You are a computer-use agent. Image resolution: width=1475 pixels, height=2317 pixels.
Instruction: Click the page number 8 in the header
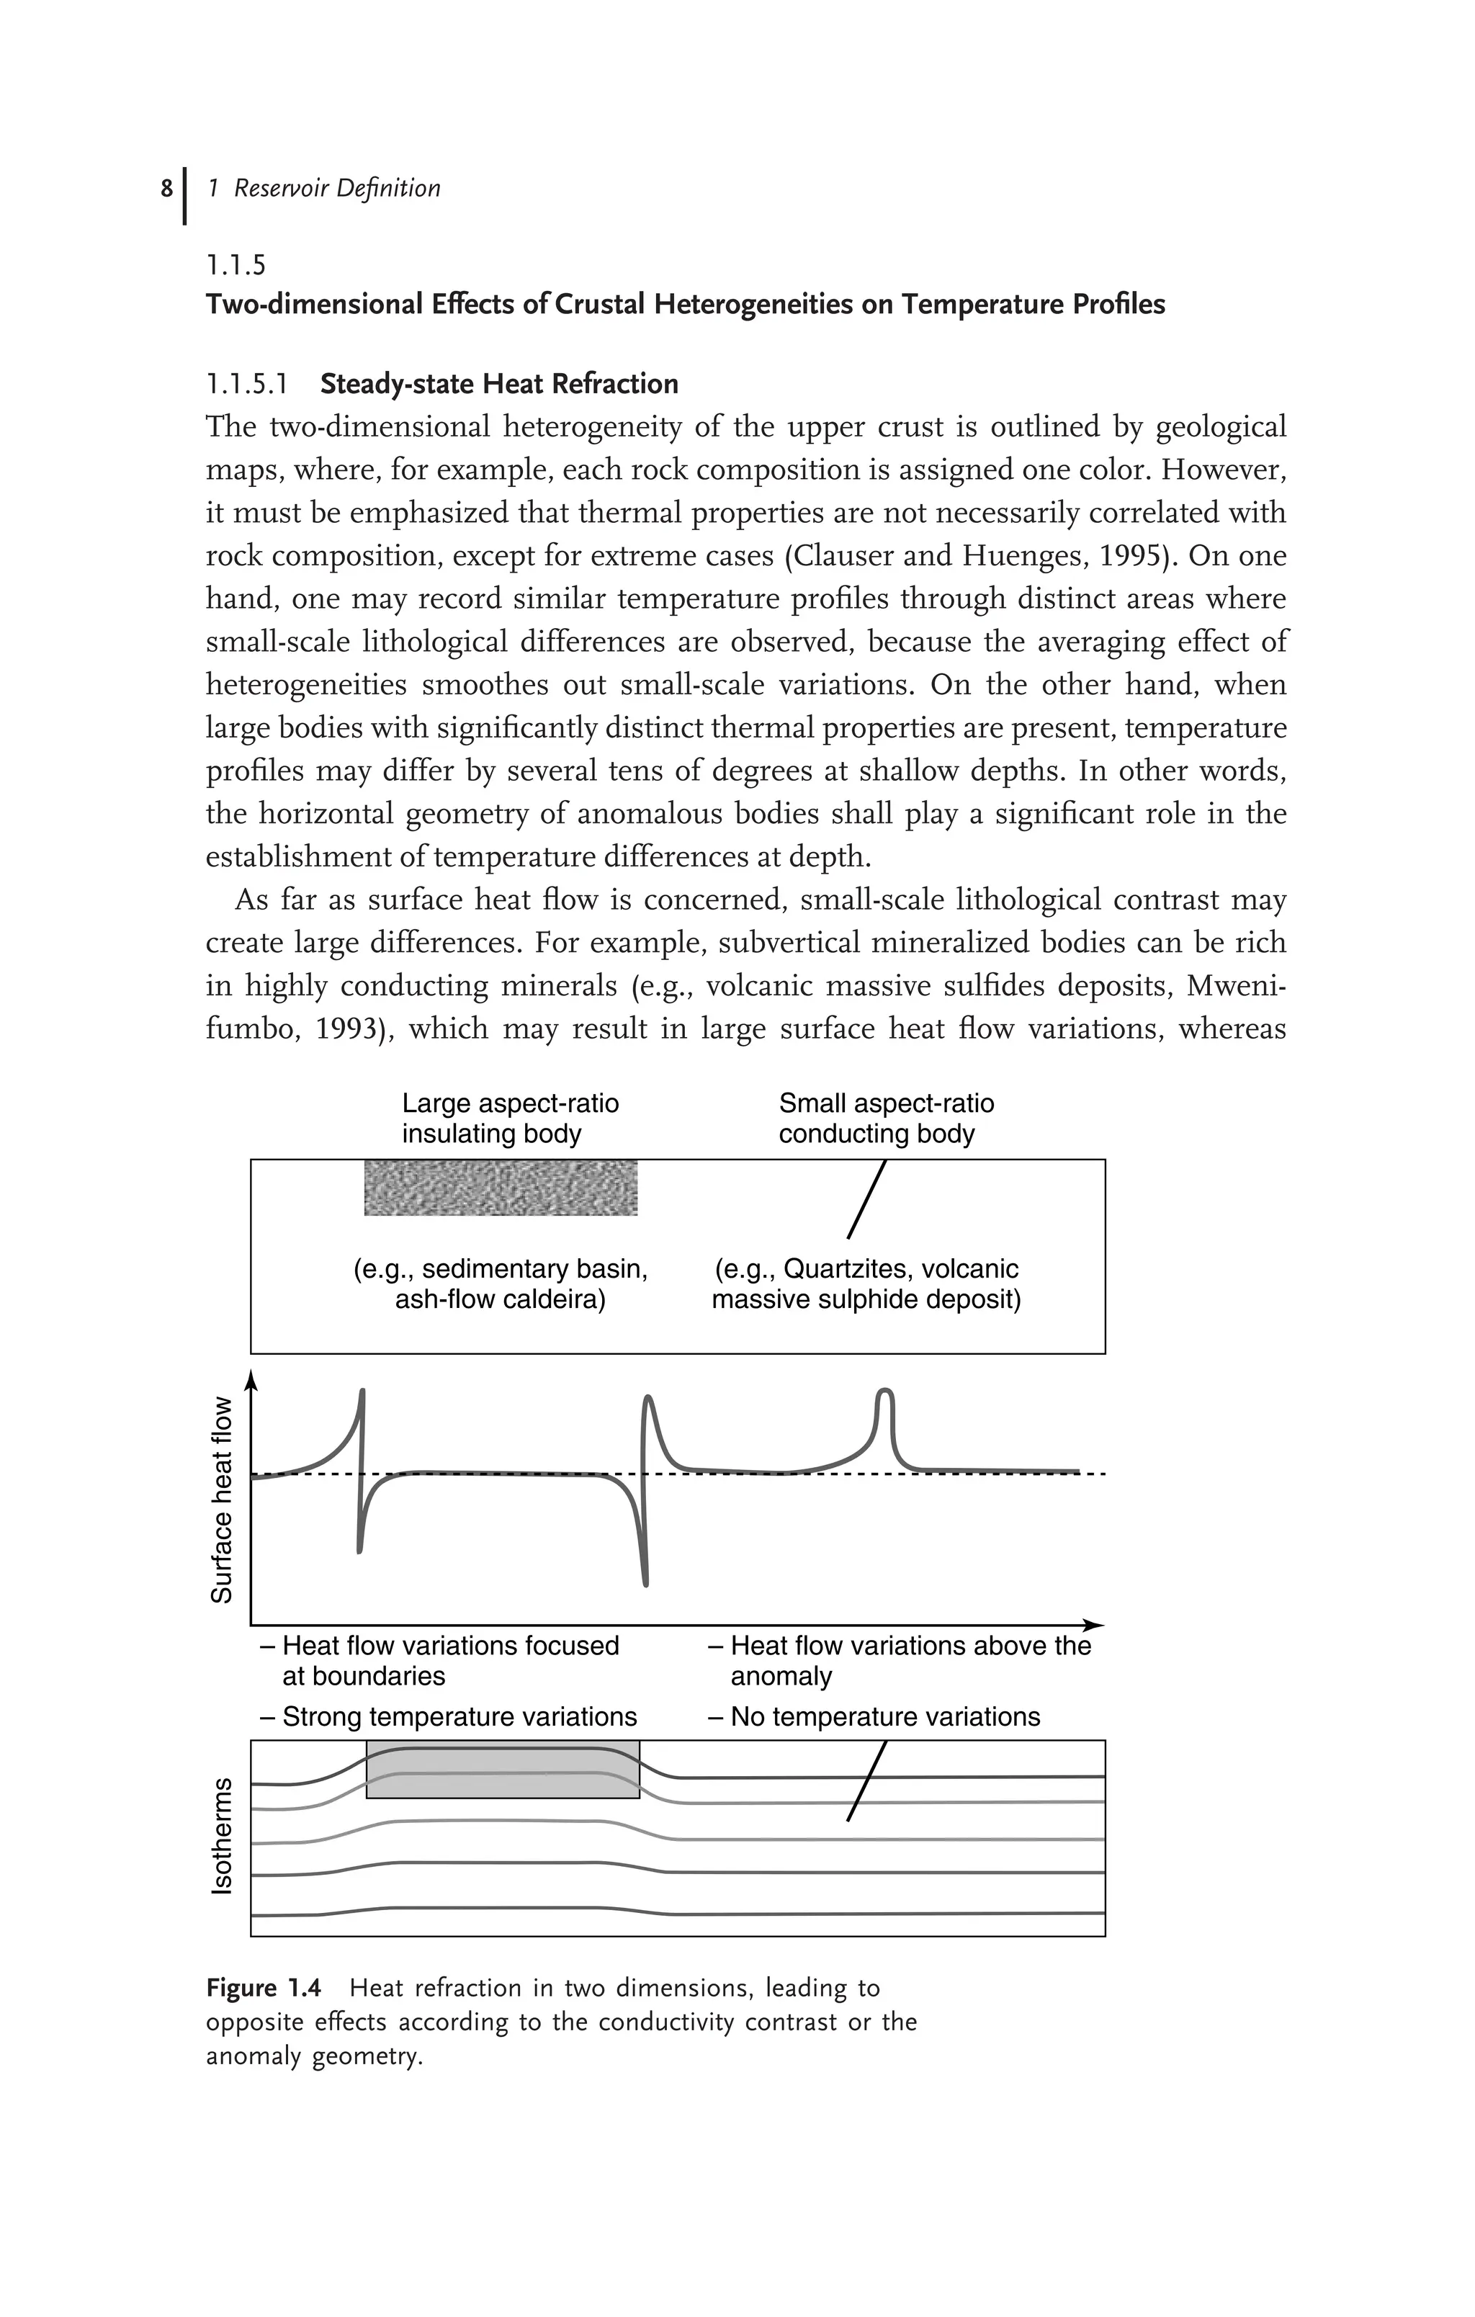tap(166, 188)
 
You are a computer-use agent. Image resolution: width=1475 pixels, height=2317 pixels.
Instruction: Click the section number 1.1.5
tap(236, 264)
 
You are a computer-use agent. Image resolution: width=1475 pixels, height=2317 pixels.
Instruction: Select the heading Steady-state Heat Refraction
tap(498, 384)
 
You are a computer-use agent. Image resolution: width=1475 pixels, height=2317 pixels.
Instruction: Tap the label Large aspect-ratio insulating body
tap(510, 1118)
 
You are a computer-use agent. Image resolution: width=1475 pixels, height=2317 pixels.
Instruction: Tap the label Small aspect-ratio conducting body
tap(885, 1118)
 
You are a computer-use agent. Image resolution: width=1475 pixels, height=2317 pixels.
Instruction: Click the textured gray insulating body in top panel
tap(501, 1188)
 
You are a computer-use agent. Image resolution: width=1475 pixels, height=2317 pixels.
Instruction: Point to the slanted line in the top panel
tap(866, 1200)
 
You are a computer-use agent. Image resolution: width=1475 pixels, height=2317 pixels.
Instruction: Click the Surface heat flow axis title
tap(223, 1499)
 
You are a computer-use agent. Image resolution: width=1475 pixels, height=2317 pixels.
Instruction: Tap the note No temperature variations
tap(874, 1716)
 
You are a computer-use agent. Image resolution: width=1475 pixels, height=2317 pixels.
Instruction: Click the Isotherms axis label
tap(223, 1836)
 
